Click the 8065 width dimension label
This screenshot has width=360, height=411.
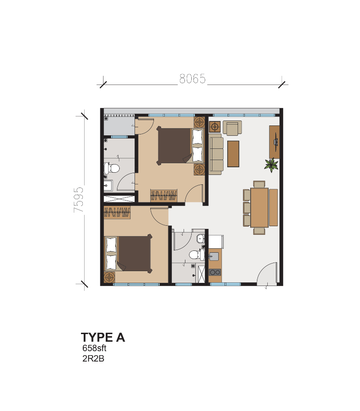[x=193, y=79]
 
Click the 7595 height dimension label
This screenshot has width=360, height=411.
[x=79, y=200]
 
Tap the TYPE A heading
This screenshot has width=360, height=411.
[x=103, y=337]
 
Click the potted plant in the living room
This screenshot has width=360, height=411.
[x=271, y=165]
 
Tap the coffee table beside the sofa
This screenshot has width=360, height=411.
[x=233, y=154]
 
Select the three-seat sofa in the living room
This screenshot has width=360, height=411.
[x=216, y=154]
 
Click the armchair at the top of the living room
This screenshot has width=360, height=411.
[x=232, y=128]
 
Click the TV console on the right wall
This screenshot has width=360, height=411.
[x=274, y=142]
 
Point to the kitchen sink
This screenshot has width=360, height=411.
[x=214, y=256]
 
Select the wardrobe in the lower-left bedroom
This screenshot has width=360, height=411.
[x=117, y=212]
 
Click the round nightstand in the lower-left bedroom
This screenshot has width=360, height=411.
[x=109, y=277]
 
